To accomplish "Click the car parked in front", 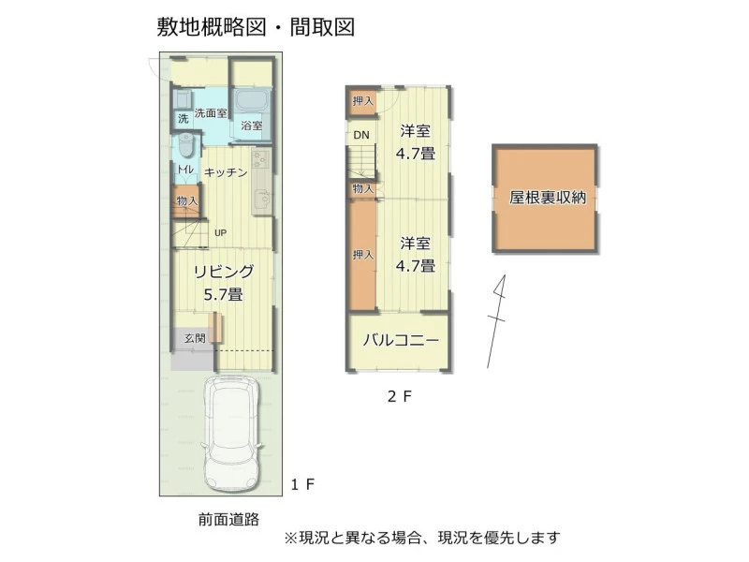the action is tap(232, 437).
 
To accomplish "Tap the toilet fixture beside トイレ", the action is tap(186, 145).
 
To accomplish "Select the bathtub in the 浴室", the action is tap(252, 101).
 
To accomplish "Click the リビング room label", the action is tap(224, 272).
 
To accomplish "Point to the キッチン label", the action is tap(226, 172).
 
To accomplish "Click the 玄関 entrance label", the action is tap(195, 338).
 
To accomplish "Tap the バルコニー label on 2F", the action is tap(401, 341).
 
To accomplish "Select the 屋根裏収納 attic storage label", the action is tap(548, 197).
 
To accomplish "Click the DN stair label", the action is tap(361, 135).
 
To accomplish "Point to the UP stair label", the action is tap(220, 232).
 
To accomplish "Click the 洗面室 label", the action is tap(211, 113).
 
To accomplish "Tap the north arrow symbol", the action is tap(497, 320).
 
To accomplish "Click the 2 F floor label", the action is tap(400, 396).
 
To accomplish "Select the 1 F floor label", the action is tap(302, 484).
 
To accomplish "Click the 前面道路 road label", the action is tap(228, 519).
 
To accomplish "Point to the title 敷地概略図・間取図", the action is tap(256, 27).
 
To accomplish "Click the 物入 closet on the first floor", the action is tap(185, 201).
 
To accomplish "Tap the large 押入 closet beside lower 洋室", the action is tap(363, 255).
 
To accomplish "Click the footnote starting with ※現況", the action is tap(422, 538).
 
